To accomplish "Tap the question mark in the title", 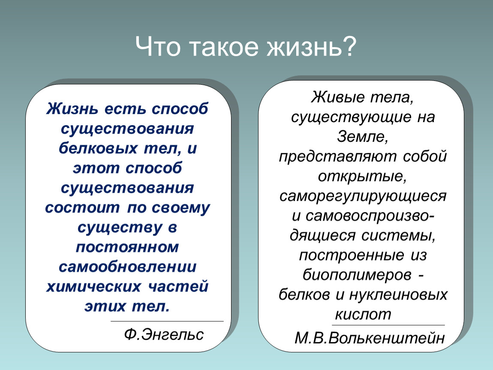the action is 349,46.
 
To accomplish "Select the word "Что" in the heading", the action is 158,46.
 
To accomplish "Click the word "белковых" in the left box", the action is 98,148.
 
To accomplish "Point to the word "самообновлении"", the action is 127,267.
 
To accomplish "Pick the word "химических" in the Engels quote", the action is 93,286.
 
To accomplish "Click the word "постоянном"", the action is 127,247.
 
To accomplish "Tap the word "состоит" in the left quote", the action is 82,208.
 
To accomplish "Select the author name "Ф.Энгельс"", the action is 164,334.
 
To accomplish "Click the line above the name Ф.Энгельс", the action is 167,321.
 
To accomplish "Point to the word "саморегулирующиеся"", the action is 363,196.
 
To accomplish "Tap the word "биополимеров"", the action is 357,275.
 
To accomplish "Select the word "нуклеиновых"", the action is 398,295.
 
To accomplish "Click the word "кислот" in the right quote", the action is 363,314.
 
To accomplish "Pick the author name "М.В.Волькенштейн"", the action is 370,338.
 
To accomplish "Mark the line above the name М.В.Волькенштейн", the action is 388,325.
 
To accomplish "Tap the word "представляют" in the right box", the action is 338,157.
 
